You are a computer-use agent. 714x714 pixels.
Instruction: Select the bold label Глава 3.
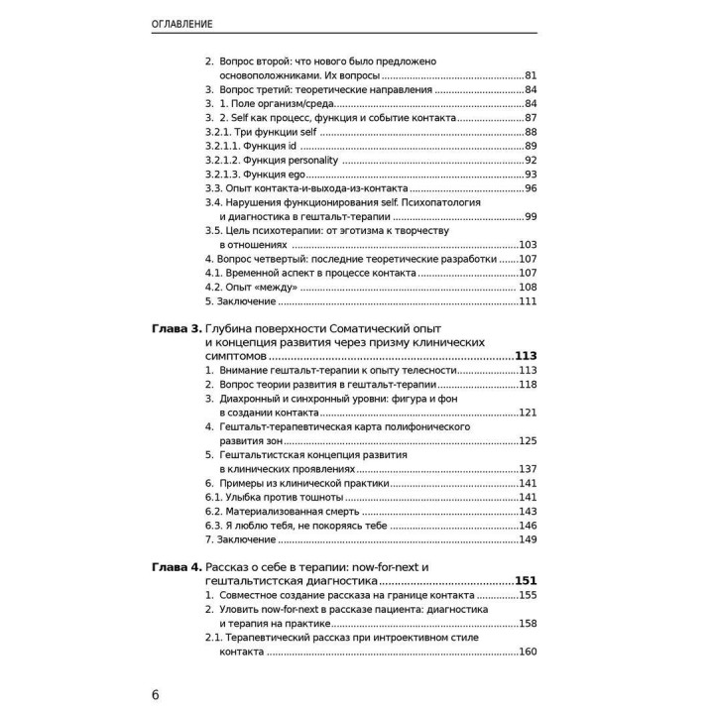[x=176, y=327]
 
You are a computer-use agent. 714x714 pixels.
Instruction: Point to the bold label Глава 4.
[x=176, y=566]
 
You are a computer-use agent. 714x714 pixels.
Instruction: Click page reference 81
[x=531, y=75]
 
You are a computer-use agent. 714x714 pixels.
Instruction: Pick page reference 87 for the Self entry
[x=531, y=118]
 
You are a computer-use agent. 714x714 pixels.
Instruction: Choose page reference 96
[x=531, y=188]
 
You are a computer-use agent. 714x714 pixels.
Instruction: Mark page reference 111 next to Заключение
[x=528, y=301]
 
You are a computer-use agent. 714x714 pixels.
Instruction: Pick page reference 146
[x=528, y=525]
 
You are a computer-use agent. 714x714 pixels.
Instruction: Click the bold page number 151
[x=525, y=581]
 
